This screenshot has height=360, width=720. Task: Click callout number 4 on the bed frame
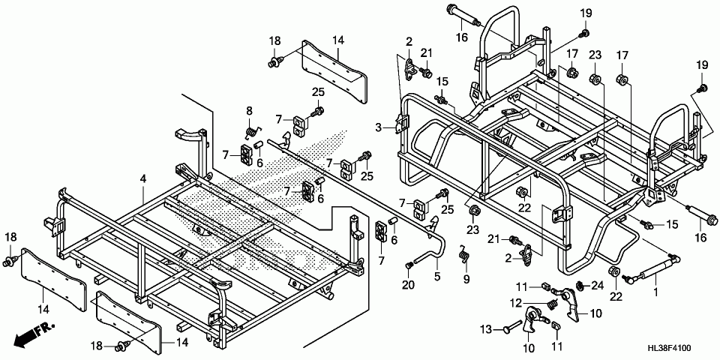143,179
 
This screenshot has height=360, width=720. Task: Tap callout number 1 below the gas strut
655,292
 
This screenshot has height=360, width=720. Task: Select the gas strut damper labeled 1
650,268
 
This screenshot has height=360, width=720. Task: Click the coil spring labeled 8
251,131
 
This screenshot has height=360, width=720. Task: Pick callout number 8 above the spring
249,110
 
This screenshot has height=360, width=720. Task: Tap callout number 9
466,278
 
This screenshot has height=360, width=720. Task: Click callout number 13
486,329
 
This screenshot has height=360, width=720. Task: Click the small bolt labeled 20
409,265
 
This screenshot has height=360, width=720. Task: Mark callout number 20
408,285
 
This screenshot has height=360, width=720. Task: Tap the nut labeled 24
580,286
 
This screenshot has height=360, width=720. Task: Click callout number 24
598,286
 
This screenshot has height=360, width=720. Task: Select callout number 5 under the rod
436,277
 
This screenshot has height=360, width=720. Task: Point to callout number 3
378,127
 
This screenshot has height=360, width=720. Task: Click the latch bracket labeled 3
402,122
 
